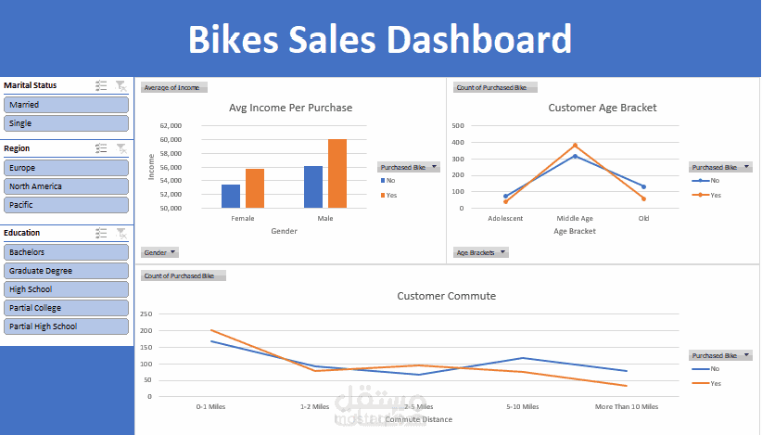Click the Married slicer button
(66, 105)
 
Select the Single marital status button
(66, 123)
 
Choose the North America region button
(66, 186)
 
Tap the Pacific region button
(66, 205)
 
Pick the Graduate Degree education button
(66, 271)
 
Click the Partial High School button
(66, 326)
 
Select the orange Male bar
(337, 173)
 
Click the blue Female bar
(231, 196)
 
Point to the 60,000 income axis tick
(170, 140)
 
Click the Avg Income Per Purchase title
(290, 108)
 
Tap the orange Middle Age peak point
(575, 145)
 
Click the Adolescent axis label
(505, 219)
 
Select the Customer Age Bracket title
(602, 108)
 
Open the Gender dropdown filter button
(159, 252)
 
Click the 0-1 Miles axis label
(211, 406)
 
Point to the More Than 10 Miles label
(627, 406)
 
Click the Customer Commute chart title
(446, 296)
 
